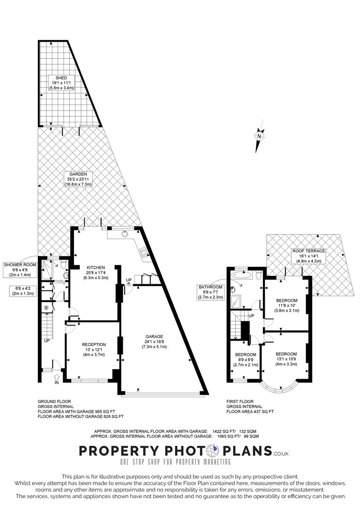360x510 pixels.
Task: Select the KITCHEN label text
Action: [x=95, y=272]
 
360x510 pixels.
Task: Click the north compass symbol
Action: [x=259, y=137]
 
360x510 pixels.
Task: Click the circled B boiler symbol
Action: [x=46, y=308]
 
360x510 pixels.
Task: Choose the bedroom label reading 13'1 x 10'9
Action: [x=286, y=359]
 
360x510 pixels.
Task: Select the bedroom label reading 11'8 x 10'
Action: [x=286, y=305]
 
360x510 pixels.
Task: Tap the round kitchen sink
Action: [x=126, y=233]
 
